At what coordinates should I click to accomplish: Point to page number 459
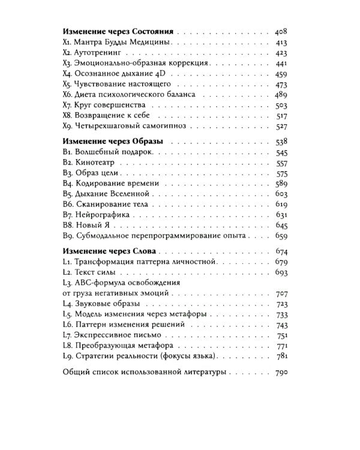(281, 73)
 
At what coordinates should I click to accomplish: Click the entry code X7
(67, 106)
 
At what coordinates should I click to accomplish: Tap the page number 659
(281, 236)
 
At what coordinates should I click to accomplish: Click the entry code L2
(67, 272)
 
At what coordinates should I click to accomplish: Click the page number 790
(281, 373)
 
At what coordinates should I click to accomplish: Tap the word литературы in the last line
(202, 373)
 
